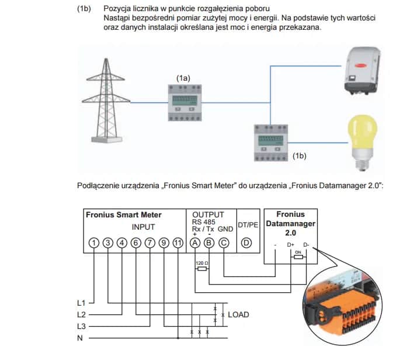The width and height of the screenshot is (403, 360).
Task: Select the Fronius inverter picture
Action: [365, 71]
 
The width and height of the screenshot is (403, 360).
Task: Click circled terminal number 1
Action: [93, 243]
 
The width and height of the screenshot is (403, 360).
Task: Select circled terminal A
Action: [194, 243]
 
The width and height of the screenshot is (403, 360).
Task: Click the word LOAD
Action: [238, 314]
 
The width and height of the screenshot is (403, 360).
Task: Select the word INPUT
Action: [143, 226]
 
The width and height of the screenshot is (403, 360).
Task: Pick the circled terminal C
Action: [224, 243]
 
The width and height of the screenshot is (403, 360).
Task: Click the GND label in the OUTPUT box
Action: [225, 229]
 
